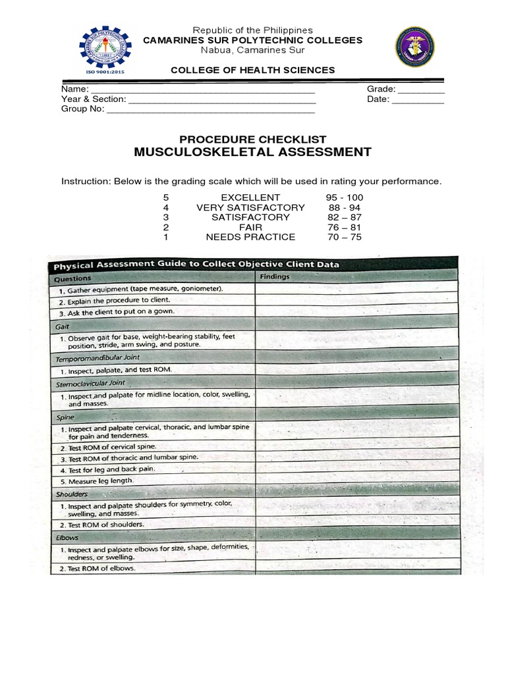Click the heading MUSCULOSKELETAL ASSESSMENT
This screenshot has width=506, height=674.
[x=253, y=153]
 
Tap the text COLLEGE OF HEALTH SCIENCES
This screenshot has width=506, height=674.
[x=253, y=70]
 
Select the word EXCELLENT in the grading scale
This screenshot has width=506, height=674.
[x=250, y=197]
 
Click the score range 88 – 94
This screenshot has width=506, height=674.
[x=344, y=208]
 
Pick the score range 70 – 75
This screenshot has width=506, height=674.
[x=344, y=238]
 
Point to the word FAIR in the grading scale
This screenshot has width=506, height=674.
[x=250, y=228]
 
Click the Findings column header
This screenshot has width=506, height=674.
[x=275, y=277]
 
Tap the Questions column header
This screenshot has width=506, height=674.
[x=74, y=278]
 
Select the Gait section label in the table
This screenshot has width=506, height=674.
[x=63, y=326]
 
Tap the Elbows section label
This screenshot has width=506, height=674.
[x=67, y=537]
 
